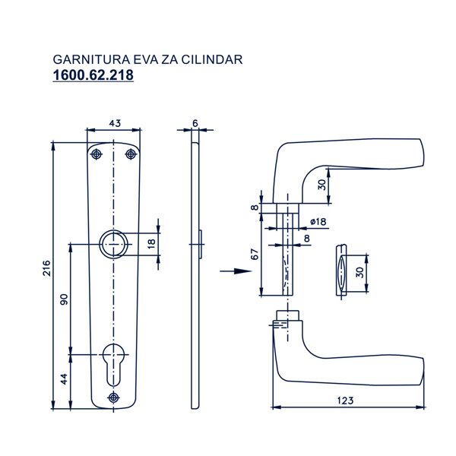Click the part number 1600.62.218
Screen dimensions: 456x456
pos(93,74)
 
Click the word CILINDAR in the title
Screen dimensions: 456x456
pos(212,59)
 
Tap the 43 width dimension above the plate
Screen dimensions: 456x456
pos(115,123)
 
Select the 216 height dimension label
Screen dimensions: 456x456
pos(46,268)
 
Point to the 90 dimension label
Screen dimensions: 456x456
pos(64,299)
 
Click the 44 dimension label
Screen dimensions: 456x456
pos(64,379)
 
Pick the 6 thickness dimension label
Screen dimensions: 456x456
pos(195,123)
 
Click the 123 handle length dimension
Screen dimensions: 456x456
pos(346,401)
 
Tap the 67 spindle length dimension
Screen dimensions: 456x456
pos(255,254)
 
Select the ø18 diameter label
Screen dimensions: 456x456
pos(318,222)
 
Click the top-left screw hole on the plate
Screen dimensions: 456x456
pos(97,154)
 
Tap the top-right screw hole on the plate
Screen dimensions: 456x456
pos(131,154)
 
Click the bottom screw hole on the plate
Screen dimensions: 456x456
pos(113,397)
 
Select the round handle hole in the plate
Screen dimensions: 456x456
pos(113,244)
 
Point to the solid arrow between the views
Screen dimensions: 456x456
pos(236,271)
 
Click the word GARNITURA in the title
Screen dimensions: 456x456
pos(91,59)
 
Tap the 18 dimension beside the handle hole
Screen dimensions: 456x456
pos(151,244)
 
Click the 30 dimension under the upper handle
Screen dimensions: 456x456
pos(322,185)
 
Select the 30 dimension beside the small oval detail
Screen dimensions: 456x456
pos(359,273)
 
